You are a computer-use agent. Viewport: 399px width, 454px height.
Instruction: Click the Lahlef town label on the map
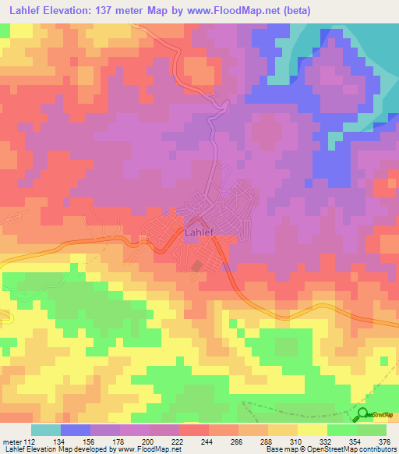click(199, 232)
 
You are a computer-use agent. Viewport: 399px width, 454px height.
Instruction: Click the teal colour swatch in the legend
click(46, 430)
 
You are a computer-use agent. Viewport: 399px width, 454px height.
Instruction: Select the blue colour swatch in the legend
click(76, 430)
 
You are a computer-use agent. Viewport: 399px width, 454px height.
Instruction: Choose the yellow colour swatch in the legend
click(312, 430)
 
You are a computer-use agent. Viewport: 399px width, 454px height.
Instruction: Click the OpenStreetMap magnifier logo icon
click(363, 414)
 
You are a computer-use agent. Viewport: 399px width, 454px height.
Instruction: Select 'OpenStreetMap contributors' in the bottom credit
click(355, 449)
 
